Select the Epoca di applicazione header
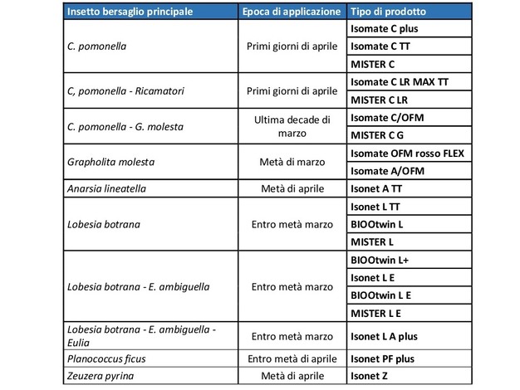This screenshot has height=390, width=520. point(291,12)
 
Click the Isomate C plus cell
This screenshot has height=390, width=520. point(383,29)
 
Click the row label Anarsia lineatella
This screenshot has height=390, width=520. point(107,188)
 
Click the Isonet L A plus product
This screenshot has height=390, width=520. point(384,337)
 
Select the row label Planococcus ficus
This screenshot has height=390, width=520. point(105,359)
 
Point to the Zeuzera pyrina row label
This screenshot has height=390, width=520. point(100,377)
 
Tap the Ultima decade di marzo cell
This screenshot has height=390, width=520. point(291,126)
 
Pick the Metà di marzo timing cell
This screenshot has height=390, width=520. point(291,162)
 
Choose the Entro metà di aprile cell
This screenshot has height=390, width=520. point(291,359)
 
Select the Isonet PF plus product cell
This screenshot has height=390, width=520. point(382,359)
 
